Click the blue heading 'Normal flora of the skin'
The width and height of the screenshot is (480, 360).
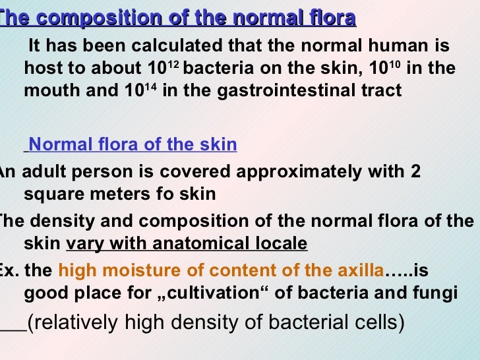click(x=133, y=144)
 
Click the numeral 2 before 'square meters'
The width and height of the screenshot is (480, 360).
click(x=415, y=172)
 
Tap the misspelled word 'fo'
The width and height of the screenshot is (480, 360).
click(x=158, y=194)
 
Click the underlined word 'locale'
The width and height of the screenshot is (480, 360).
click(x=282, y=243)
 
